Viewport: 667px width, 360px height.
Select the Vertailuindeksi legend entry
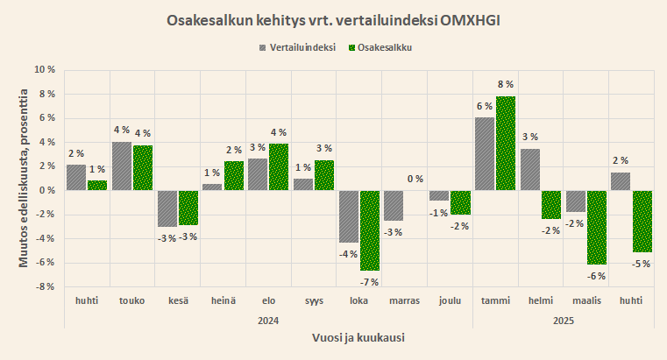(x=295, y=47)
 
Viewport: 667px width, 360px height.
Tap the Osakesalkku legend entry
(x=380, y=47)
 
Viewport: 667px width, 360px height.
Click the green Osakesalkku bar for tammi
(x=506, y=143)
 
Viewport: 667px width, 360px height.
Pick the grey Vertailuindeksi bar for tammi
(x=484, y=153)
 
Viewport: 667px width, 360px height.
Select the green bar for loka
(x=370, y=230)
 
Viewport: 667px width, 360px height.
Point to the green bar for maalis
(x=597, y=227)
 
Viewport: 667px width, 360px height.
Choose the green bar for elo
(x=279, y=166)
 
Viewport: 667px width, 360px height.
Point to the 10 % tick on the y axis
(x=45, y=70)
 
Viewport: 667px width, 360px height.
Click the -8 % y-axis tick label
(x=45, y=286)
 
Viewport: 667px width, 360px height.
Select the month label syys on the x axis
(x=314, y=301)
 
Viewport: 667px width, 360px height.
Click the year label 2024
(x=268, y=321)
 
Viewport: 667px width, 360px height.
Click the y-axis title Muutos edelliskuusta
(x=25, y=179)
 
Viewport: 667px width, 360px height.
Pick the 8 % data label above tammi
(x=506, y=85)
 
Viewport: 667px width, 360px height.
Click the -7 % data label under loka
(x=370, y=281)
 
